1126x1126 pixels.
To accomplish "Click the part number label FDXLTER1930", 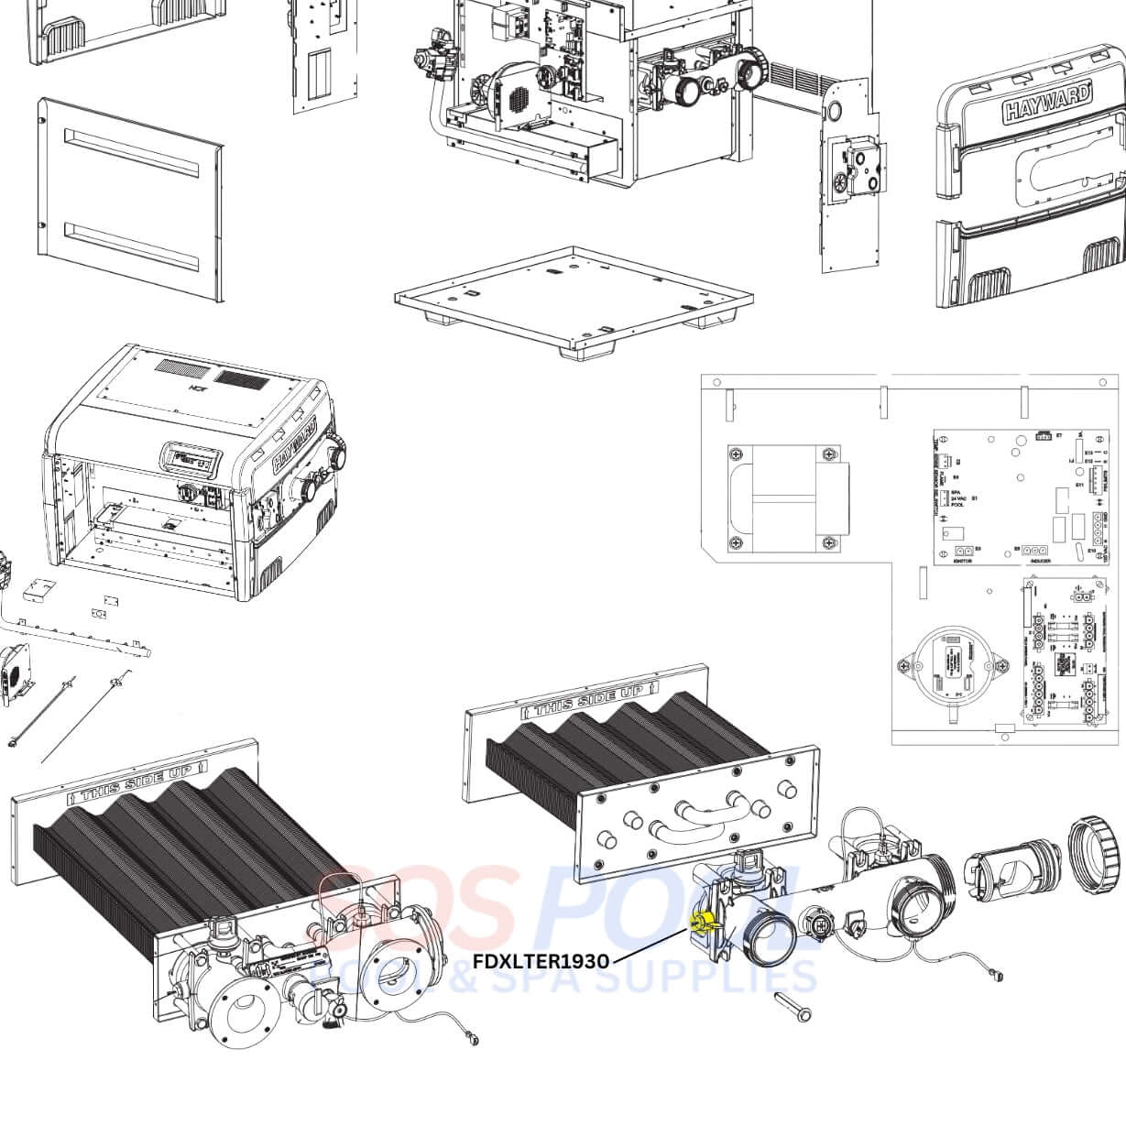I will [x=541, y=961].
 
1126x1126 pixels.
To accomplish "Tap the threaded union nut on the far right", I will [x=1098, y=855].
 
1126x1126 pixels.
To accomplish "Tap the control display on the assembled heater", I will [x=189, y=456].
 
